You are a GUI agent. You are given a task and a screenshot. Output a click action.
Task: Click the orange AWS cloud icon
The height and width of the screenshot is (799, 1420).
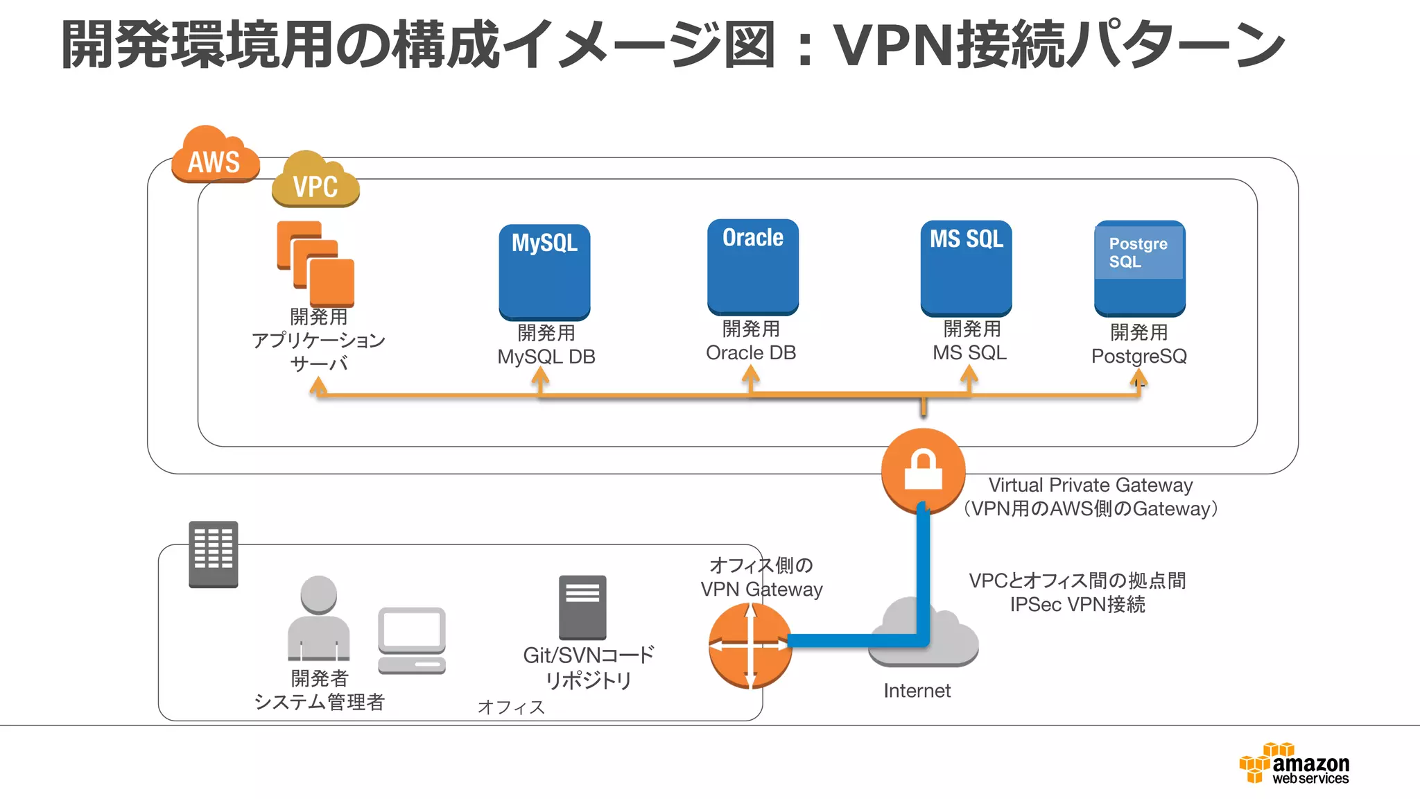[x=215, y=156]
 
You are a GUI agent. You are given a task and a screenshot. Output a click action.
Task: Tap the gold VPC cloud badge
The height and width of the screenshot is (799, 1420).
[x=315, y=181]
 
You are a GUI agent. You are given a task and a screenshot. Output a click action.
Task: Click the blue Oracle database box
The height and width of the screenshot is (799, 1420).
[x=753, y=267]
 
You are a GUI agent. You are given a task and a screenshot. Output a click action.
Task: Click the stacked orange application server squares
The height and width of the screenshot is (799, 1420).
[x=316, y=264]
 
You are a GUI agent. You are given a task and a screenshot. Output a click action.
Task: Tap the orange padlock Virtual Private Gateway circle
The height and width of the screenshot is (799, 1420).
[x=923, y=470]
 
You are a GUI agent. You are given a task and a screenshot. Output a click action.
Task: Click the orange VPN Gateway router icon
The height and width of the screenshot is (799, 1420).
[x=750, y=645]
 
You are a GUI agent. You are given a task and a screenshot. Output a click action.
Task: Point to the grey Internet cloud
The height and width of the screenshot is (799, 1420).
[x=922, y=635]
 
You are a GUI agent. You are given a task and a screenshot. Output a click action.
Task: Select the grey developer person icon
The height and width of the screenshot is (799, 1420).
[x=318, y=618]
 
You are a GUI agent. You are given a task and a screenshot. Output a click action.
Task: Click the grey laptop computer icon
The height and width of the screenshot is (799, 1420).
[x=412, y=640]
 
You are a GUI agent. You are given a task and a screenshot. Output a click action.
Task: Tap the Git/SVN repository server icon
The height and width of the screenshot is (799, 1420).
[x=582, y=608]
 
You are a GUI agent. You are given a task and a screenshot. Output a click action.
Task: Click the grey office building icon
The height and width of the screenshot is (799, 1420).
[x=214, y=554]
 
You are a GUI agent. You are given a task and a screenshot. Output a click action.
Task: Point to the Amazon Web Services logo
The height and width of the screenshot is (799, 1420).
[x=1295, y=764]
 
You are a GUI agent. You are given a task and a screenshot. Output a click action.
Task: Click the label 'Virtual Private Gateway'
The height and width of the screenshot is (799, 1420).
[x=1090, y=485]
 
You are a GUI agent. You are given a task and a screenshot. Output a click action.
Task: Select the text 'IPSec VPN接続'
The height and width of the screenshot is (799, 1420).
[x=1077, y=604]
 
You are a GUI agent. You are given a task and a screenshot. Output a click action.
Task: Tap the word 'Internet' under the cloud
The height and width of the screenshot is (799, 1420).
[x=917, y=691]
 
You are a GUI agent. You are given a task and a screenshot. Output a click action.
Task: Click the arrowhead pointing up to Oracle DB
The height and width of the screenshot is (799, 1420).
[x=750, y=375]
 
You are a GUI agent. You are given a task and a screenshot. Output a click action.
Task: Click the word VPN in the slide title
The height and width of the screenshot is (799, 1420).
[x=893, y=46]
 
